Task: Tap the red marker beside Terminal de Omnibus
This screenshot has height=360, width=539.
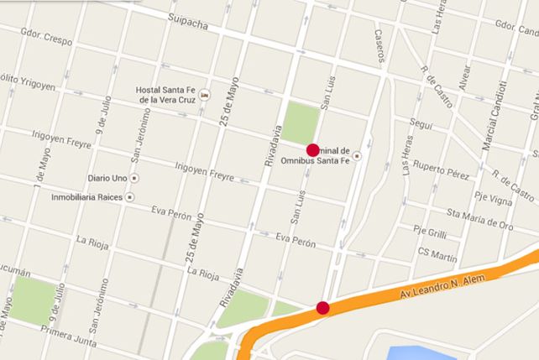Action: coord(313,149)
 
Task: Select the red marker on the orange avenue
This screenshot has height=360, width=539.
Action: coord(322,308)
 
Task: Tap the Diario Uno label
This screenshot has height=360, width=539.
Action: coord(107,179)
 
